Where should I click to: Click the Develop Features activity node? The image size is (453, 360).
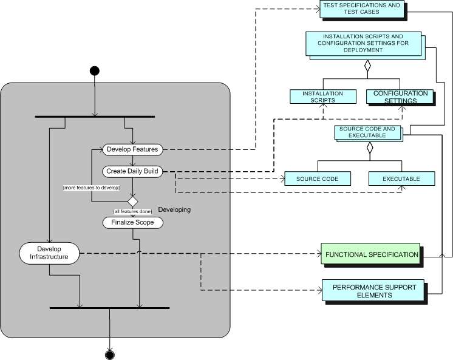click(132, 149)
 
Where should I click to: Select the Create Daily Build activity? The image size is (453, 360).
click(132, 171)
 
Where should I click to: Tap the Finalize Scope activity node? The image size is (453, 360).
click(132, 222)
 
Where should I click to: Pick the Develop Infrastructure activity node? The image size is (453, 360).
click(49, 253)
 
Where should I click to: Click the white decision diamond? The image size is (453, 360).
click(132, 200)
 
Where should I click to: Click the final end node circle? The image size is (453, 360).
click(110, 354)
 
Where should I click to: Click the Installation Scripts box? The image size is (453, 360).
click(322, 97)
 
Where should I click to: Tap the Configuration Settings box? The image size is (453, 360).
click(400, 97)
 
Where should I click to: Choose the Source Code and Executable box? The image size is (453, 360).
click(367, 133)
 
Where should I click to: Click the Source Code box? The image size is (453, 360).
click(317, 179)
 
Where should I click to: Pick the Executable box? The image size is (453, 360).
click(401, 179)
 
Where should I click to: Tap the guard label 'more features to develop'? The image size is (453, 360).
click(91, 188)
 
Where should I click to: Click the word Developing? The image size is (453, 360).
click(174, 209)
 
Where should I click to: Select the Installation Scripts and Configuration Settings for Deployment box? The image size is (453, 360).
click(367, 44)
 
